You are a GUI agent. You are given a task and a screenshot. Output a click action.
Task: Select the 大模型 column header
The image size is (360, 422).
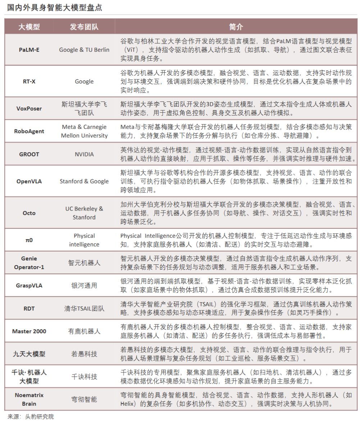29,27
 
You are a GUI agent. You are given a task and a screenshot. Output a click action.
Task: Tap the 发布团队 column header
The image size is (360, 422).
84,27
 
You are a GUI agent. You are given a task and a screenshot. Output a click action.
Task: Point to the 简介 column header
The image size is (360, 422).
236,27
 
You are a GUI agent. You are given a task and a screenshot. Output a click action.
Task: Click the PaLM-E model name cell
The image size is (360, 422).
29,50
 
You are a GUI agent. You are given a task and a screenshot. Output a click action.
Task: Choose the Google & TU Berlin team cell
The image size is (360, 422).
84,50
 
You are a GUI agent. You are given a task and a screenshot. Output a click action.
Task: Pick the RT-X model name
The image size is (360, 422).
29,81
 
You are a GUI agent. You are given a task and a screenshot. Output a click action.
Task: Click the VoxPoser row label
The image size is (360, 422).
29,108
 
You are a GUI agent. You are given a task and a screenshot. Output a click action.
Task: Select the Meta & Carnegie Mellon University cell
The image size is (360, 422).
84,131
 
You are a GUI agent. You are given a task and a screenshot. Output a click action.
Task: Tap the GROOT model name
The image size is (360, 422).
29,154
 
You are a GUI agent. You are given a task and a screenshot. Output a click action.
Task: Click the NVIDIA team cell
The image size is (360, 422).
84,154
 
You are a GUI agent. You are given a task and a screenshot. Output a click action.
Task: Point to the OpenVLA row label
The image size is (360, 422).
29,181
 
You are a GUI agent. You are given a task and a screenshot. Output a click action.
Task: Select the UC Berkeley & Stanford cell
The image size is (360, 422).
84,213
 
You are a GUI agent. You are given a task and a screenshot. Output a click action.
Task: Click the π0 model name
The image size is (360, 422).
29,240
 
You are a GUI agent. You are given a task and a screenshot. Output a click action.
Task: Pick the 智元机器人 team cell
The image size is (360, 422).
84,263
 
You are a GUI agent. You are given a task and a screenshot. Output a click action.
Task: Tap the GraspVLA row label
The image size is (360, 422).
29,286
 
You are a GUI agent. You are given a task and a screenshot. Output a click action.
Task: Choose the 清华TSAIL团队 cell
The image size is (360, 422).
84,308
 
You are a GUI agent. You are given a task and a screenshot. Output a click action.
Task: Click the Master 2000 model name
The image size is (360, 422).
29,331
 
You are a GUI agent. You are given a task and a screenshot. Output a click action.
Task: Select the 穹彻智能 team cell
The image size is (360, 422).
84,399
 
